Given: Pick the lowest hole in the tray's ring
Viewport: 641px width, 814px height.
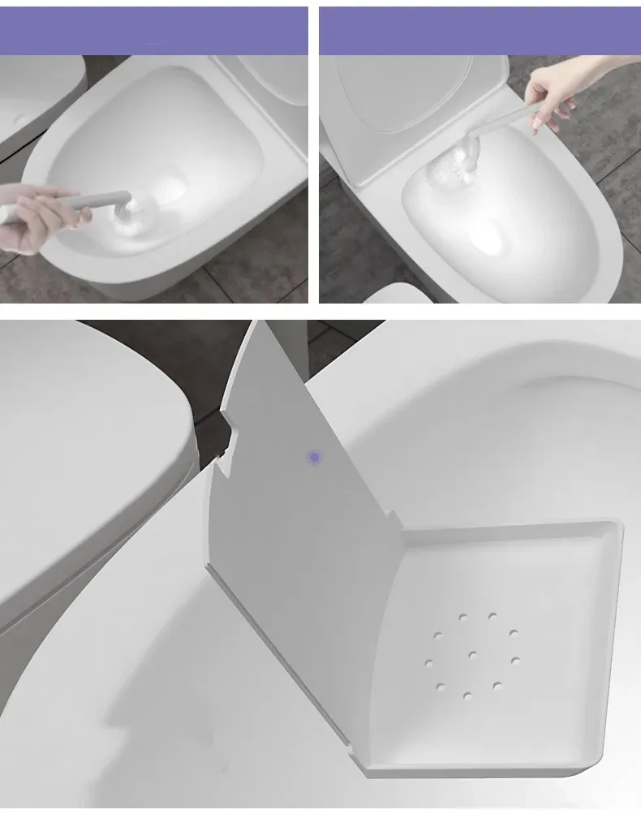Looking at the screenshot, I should coord(467,696).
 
